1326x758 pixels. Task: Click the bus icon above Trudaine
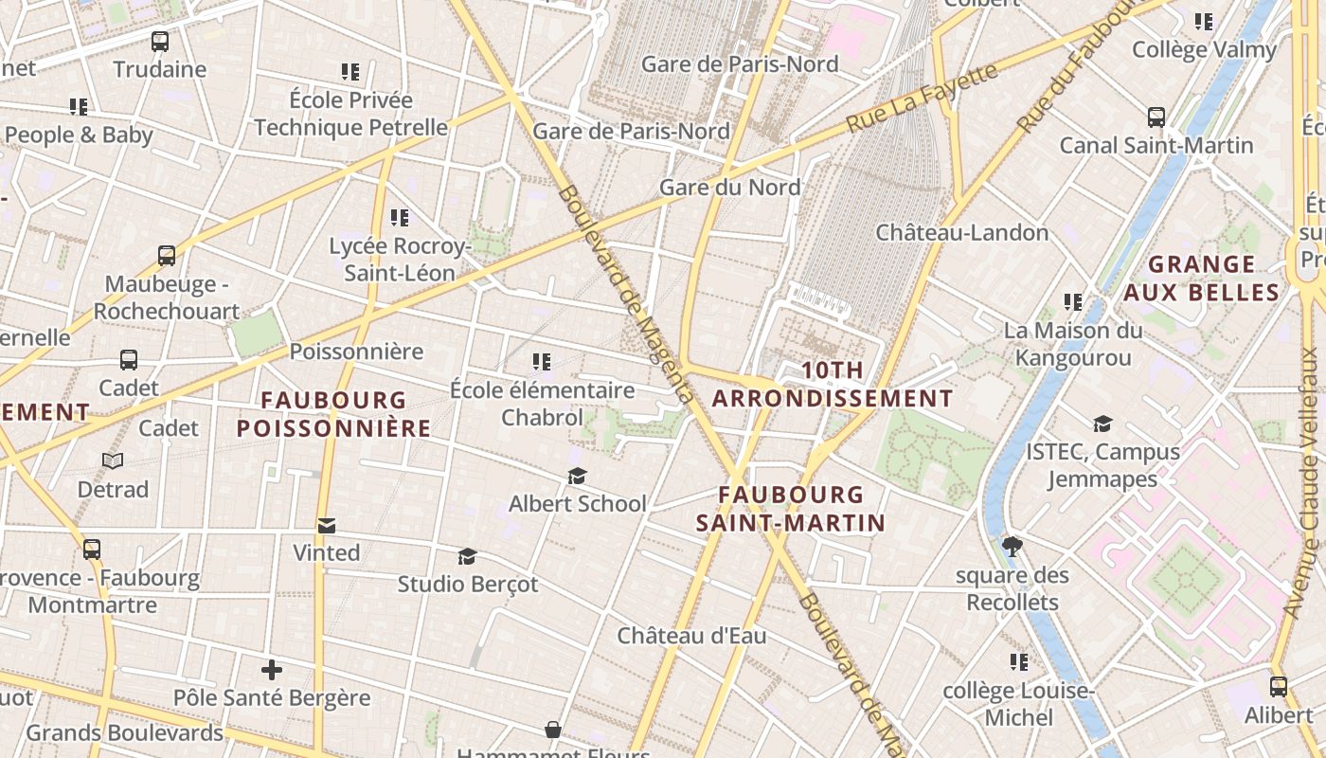160,42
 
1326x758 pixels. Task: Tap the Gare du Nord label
729,188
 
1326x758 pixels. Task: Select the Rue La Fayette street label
923,98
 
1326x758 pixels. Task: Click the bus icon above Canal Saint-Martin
1156,117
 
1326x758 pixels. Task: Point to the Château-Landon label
961,233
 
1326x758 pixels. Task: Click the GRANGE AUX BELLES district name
1202,278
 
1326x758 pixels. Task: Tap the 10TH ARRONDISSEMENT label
833,385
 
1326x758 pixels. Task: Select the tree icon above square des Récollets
1012,547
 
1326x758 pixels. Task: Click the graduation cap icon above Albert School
577,476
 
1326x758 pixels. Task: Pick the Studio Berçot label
467,584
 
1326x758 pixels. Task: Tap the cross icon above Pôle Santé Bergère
272,671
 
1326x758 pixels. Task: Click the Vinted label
326,552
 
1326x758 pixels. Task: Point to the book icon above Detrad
113,461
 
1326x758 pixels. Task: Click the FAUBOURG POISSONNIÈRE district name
333,414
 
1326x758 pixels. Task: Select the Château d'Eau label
691,636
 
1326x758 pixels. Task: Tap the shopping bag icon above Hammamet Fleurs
553,730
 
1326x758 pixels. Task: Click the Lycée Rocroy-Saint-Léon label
400,260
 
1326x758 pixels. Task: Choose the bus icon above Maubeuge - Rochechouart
167,256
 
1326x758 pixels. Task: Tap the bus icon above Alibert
1279,687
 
